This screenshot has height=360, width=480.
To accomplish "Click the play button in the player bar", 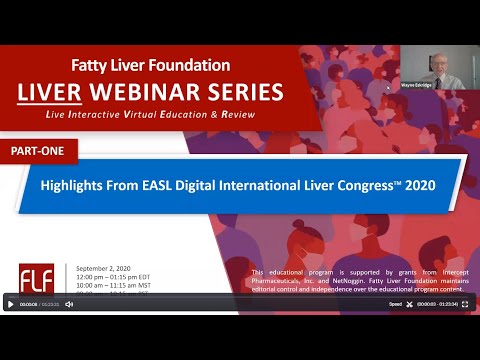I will pyautogui.click(x=11, y=304).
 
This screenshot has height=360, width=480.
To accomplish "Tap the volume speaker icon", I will pyautogui.click(x=69, y=304).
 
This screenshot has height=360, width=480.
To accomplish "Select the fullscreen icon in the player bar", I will pyautogui.click(x=465, y=304).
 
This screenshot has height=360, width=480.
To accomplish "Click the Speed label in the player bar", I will pyautogui.click(x=395, y=304).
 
